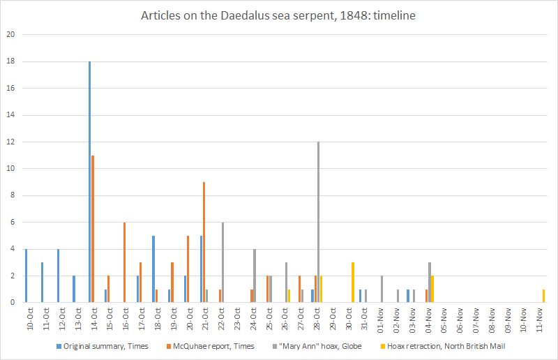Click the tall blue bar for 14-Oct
tap(89, 181)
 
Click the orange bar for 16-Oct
tap(124, 262)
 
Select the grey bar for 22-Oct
tap(223, 262)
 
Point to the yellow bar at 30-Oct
tap(353, 283)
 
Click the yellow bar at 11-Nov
tap(543, 296)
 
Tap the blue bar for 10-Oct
tap(26, 276)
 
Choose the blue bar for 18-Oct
tap(153, 269)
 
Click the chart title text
tap(279, 16)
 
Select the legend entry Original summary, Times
tap(105, 346)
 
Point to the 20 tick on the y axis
tap(10, 35)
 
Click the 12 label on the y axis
tap(10, 142)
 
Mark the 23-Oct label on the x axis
tap(238, 318)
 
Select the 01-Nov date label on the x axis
tap(380, 318)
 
